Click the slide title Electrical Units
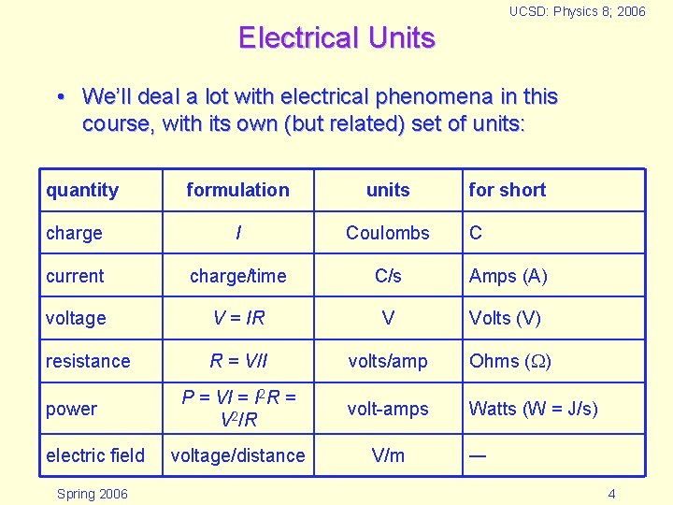click(336, 38)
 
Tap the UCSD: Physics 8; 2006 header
click(577, 12)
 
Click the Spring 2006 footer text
click(92, 493)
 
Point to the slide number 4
click(611, 493)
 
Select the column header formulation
click(237, 190)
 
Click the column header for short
click(507, 190)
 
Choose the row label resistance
click(88, 361)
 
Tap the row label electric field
click(95, 455)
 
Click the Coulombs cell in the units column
click(388, 233)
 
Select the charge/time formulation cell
click(237, 276)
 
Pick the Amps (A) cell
click(508, 276)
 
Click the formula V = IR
click(238, 318)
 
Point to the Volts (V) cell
click(504, 318)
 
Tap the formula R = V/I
click(238, 361)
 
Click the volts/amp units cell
click(388, 361)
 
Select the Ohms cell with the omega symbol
click(509, 361)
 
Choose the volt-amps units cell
click(388, 409)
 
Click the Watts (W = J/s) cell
click(533, 409)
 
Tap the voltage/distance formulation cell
click(237, 455)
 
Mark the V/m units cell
click(388, 455)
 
